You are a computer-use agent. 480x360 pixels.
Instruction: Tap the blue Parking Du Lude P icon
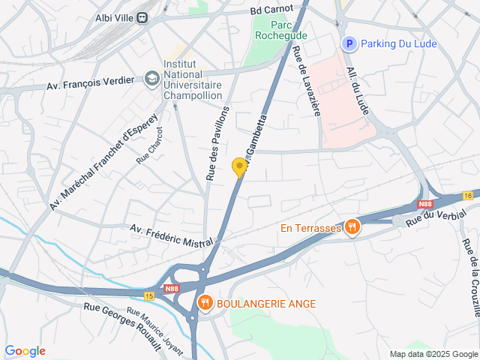[x=348, y=44]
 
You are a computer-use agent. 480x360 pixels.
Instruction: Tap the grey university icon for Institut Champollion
[x=152, y=78]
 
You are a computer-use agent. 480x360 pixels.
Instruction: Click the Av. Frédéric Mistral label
[x=172, y=234]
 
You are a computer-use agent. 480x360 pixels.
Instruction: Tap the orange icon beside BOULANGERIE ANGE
[x=204, y=303]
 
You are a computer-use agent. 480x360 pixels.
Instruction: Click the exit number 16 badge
[x=468, y=196]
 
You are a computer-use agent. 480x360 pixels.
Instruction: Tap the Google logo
[x=25, y=351]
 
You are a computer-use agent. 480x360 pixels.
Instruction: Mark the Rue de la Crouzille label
[x=471, y=277]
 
